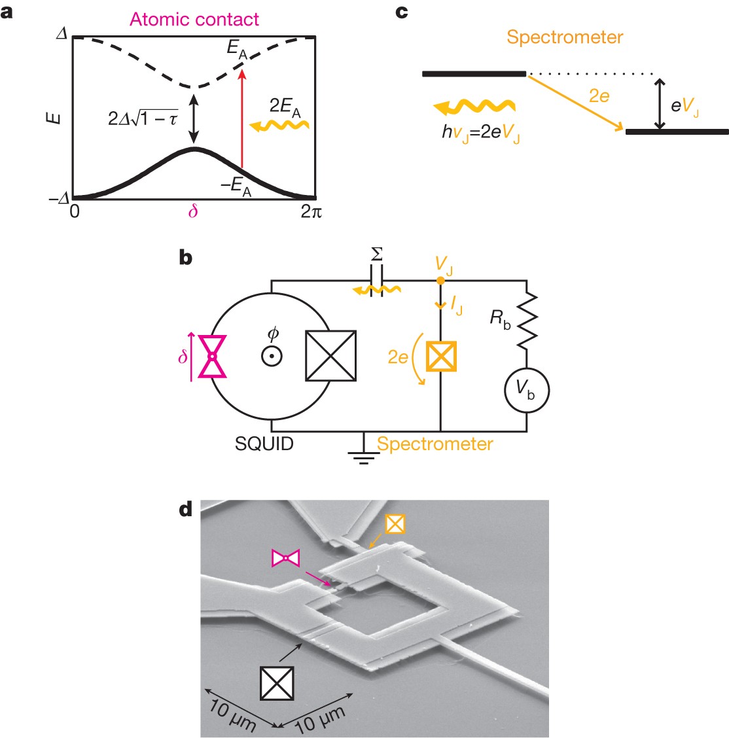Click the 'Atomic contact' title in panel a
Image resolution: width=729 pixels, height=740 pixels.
click(194, 19)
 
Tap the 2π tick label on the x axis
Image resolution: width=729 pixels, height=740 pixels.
click(311, 212)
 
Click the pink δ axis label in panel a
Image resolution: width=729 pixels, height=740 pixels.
click(193, 211)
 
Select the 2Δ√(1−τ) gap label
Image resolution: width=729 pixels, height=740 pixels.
click(143, 118)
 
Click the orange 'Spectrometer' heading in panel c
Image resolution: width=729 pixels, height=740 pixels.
click(565, 37)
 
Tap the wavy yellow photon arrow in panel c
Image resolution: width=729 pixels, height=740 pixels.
click(474, 107)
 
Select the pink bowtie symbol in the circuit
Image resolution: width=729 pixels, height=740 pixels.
click(212, 356)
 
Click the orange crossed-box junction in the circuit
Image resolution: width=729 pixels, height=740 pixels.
click(441, 356)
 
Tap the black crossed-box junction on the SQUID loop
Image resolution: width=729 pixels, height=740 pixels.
click(330, 356)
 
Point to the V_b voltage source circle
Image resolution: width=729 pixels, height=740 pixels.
click(526, 389)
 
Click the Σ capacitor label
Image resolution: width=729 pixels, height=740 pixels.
click(377, 254)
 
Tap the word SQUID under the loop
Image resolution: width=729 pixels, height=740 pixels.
click(264, 444)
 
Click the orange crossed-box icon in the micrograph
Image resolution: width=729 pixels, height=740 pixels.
click(395, 523)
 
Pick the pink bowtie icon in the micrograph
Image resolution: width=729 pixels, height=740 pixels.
click(286, 558)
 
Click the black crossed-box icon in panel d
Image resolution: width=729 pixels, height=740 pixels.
click(276, 683)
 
